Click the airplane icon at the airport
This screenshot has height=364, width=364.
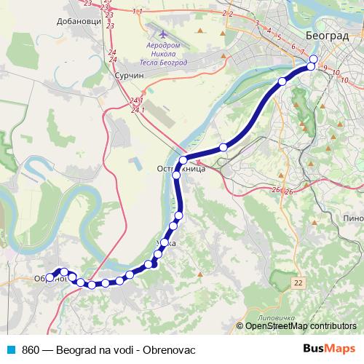[x=160, y=34]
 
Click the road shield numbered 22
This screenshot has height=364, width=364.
[x=299, y=281]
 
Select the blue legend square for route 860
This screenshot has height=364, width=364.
[x=9, y=348]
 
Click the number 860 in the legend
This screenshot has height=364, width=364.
[x=31, y=348]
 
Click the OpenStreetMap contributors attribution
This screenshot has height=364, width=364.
[x=301, y=327]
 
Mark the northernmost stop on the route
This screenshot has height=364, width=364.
[x=314, y=60]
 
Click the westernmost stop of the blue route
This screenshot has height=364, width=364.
[x=50, y=277]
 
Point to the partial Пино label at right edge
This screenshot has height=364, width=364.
[x=353, y=218]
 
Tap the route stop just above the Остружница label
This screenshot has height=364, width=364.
[x=184, y=159]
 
